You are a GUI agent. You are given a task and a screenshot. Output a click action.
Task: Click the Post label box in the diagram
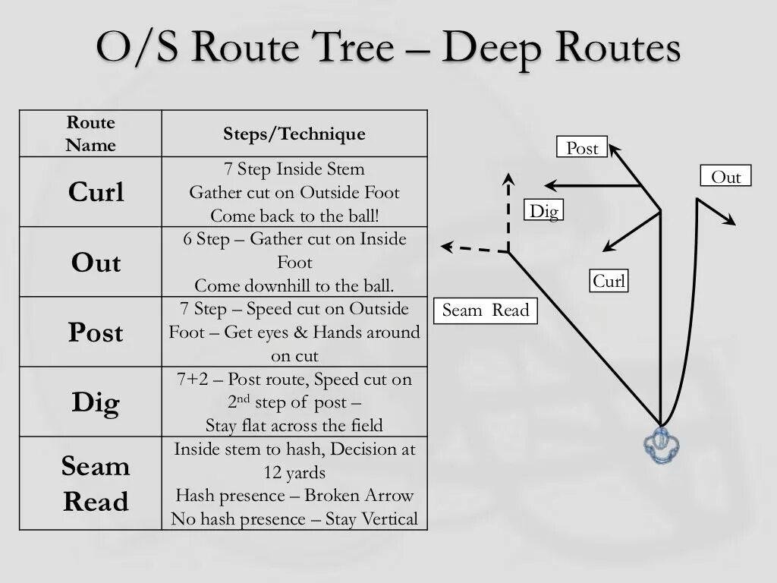click(x=582, y=148)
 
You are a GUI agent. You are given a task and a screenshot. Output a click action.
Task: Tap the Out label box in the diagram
click(x=725, y=177)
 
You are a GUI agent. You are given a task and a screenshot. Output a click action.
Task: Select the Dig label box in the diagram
click(x=543, y=210)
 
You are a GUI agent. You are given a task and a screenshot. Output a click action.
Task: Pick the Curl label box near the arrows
click(x=609, y=282)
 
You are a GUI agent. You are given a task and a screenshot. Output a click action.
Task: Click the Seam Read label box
click(x=486, y=310)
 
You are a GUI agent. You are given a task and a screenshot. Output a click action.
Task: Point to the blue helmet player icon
click(x=661, y=446)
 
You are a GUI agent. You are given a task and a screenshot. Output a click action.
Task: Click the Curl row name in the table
click(x=96, y=192)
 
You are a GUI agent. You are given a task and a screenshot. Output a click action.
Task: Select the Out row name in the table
click(x=96, y=263)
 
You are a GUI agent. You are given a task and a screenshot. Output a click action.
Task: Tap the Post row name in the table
click(x=96, y=332)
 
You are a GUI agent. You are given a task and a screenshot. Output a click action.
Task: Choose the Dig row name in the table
click(x=96, y=402)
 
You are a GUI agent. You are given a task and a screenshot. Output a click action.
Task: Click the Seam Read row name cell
click(x=96, y=484)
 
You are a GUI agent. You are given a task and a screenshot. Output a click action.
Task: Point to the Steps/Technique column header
click(x=294, y=134)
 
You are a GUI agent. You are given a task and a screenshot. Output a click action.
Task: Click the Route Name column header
click(x=90, y=134)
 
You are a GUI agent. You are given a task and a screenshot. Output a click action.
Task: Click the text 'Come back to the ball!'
click(x=294, y=216)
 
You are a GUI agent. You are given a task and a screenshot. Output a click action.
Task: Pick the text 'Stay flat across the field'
click(x=294, y=425)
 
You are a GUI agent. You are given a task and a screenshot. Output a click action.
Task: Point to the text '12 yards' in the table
click(x=294, y=472)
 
